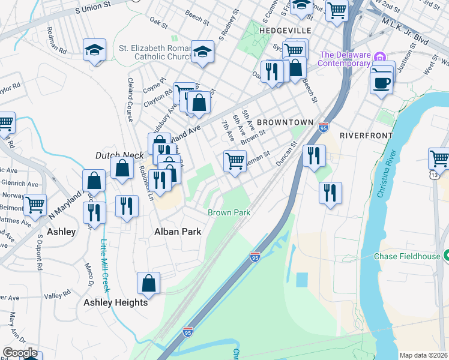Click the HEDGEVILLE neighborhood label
pyautogui.click(x=285, y=30)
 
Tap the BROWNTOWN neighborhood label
pyautogui.click(x=285, y=122)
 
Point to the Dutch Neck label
pyautogui.click(x=119, y=155)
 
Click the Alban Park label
pyautogui.click(x=177, y=231)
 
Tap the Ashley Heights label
pyautogui.click(x=115, y=302)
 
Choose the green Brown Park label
pyautogui.click(x=229, y=212)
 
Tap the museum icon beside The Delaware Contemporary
pyautogui.click(x=379, y=57)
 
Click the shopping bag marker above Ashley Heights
pyautogui.click(x=148, y=283)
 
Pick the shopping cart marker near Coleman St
pyautogui.click(x=234, y=160)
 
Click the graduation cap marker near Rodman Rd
pyautogui.click(x=94, y=50)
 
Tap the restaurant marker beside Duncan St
pyautogui.click(x=313, y=156)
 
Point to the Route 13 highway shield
pyautogui.click(x=433, y=175)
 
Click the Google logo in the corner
pyautogui.click(x=19, y=352)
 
